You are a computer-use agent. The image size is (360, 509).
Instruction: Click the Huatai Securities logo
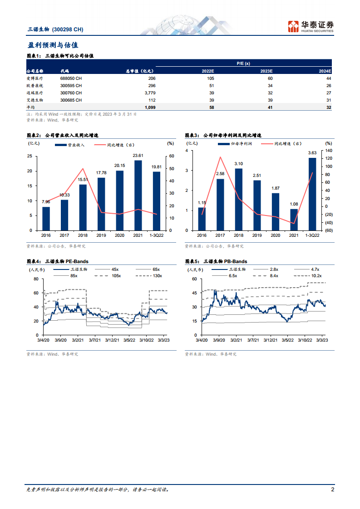tap(311, 26)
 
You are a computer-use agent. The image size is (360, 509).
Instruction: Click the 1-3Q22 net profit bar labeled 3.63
tap(312, 194)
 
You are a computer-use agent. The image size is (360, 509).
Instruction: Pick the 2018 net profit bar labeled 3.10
tap(239, 199)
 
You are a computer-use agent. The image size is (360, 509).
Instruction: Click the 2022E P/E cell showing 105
tap(209, 78)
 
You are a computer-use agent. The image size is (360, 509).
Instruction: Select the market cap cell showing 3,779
tap(148, 92)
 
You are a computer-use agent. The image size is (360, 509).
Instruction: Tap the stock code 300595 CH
tap(71, 85)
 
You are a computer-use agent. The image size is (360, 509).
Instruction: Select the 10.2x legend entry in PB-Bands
tap(315, 275)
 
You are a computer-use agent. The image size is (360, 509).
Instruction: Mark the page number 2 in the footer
tap(332, 489)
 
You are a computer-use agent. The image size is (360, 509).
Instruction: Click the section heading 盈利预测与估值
tap(53, 45)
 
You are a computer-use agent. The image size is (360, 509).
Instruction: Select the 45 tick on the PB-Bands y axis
tap(194, 293)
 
